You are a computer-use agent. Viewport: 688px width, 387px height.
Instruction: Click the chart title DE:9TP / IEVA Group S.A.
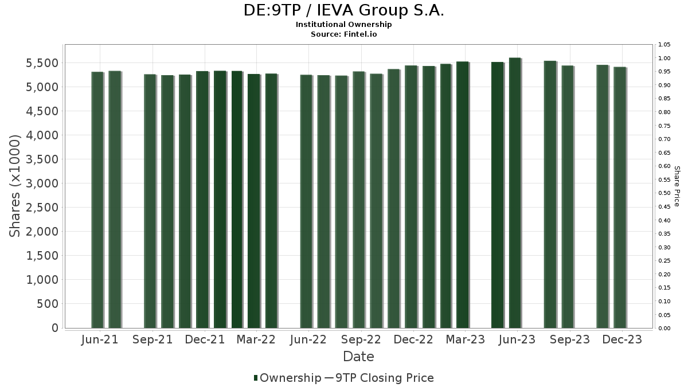344,10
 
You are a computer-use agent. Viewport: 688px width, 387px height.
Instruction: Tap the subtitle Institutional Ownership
344,25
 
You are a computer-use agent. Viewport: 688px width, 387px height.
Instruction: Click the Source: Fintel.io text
344,34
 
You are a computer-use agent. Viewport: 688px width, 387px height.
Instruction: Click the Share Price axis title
677,186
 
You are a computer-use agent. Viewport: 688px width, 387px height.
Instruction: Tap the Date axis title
358,357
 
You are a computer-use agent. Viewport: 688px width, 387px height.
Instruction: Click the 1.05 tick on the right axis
665,45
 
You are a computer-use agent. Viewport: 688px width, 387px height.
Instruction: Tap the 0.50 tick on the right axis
665,193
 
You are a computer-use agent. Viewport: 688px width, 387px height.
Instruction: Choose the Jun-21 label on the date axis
100,339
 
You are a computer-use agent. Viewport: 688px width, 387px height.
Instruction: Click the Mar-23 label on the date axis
465,339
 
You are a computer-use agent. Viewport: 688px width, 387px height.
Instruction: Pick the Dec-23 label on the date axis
622,339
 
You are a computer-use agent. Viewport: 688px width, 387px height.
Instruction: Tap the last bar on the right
619,197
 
